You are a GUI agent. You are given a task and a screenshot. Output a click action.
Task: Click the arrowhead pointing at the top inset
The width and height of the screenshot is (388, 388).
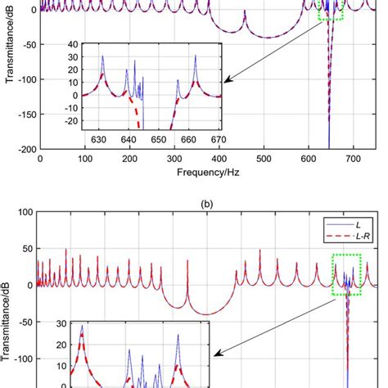pyautogui.click(x=227, y=81)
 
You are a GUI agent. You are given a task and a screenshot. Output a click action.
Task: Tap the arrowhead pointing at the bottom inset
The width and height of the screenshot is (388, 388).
pyautogui.click(x=215, y=354)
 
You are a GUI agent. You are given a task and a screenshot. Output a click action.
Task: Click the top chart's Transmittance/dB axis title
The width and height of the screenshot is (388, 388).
pyautogui.click(x=10, y=78)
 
